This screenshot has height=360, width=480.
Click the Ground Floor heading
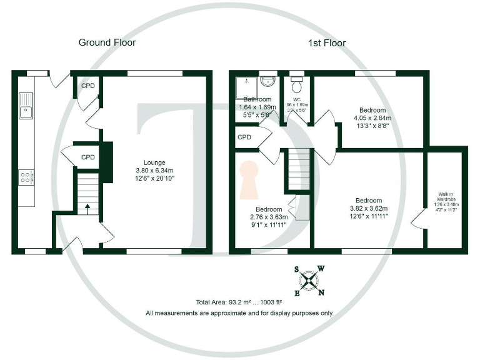coord(107,42)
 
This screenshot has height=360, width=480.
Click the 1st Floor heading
coord(327,42)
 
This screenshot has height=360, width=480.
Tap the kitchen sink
coord(26,106)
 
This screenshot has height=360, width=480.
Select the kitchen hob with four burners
coord(26,177)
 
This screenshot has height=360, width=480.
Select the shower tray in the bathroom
coord(245,86)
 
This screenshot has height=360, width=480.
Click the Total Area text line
coord(239,302)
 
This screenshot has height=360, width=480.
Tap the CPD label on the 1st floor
coord(244,137)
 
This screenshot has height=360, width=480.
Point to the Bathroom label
coord(257,99)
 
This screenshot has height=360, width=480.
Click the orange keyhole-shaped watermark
coord(249,177)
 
